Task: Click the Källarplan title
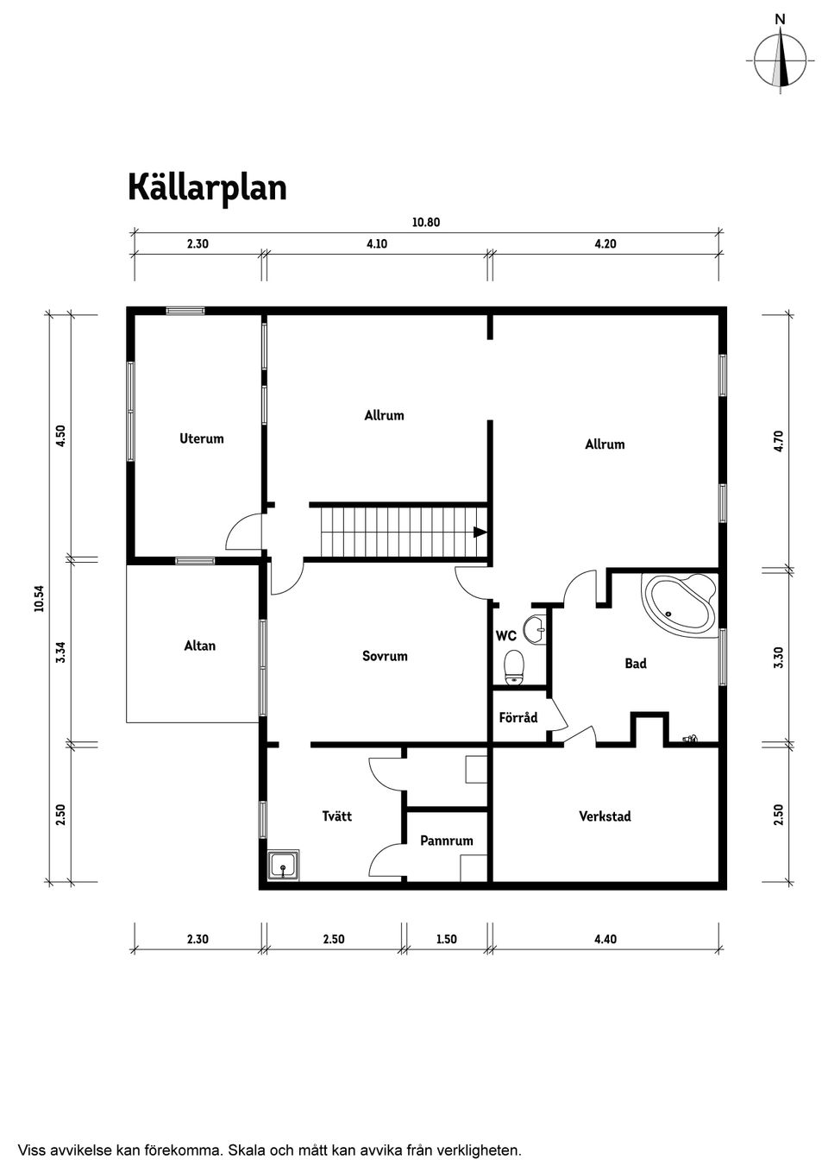(207, 187)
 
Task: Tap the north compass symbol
(781, 60)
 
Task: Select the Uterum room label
(201, 438)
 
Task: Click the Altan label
(199, 646)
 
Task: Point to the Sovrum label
(385, 656)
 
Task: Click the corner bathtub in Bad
(681, 602)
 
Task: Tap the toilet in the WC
(514, 666)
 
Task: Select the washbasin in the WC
(536, 629)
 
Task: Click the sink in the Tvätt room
(283, 865)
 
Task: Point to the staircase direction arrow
(480, 532)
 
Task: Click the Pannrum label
(446, 841)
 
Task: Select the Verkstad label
(605, 816)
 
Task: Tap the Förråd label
(517, 718)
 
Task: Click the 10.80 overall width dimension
(426, 223)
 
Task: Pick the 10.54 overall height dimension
(39, 598)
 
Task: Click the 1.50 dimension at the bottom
(446, 939)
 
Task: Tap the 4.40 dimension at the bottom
(605, 939)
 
